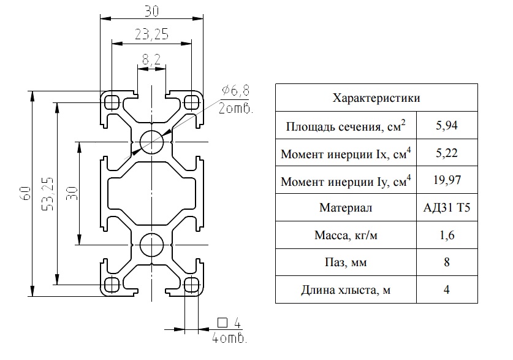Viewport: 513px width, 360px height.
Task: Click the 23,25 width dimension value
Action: tap(151, 34)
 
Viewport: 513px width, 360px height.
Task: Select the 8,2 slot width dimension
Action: tap(151, 59)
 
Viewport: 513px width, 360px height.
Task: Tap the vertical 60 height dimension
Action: tap(26, 193)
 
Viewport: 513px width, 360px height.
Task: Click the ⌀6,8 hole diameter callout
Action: tap(235, 91)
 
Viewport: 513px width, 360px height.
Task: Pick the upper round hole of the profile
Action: tap(151, 142)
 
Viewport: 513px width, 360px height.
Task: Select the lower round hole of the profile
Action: tap(151, 245)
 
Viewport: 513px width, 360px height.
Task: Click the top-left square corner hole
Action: tap(112, 102)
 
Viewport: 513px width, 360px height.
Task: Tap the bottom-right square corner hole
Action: tap(191, 285)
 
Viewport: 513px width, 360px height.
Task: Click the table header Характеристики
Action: tap(376, 98)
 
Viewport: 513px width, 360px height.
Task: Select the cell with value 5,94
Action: tap(447, 125)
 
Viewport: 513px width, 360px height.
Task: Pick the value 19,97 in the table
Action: tap(447, 180)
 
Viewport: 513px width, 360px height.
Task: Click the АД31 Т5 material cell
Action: tap(447, 207)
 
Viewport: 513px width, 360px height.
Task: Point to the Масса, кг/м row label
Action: tap(346, 235)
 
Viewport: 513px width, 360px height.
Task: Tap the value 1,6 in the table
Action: tap(447, 235)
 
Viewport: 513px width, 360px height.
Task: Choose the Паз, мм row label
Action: tap(346, 262)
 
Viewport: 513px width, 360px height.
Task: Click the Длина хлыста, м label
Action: tap(346, 289)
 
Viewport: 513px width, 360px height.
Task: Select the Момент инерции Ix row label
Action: tap(346, 153)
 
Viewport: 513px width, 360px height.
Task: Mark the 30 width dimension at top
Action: tap(151, 11)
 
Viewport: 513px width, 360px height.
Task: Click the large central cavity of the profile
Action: tap(151, 193)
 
